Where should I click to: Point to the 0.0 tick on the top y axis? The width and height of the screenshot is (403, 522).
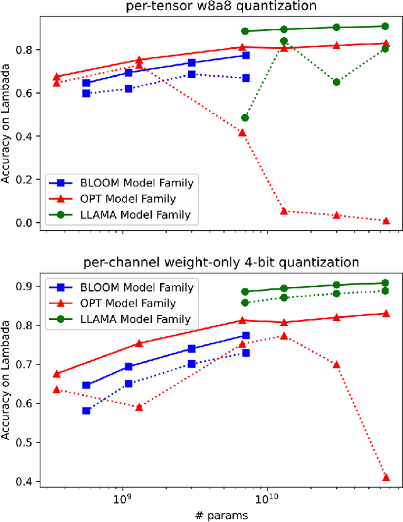click(x=25, y=223)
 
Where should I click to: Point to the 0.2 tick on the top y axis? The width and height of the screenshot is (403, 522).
click(x=25, y=179)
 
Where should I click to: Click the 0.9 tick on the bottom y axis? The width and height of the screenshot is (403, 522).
click(x=25, y=287)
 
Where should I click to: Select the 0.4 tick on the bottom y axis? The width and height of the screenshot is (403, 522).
click(x=25, y=482)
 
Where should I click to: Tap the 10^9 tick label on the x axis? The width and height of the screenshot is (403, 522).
click(x=120, y=502)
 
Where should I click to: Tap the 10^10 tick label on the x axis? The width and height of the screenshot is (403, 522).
click(x=267, y=502)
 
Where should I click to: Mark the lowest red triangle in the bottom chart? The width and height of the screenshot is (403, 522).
click(x=385, y=477)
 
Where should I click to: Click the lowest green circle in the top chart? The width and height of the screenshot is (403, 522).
click(x=245, y=118)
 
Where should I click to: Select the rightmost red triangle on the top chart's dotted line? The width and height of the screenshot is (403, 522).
click(x=385, y=220)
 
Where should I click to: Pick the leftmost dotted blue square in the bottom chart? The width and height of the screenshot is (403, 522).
click(x=86, y=411)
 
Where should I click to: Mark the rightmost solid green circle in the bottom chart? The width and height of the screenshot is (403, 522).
click(x=385, y=283)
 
